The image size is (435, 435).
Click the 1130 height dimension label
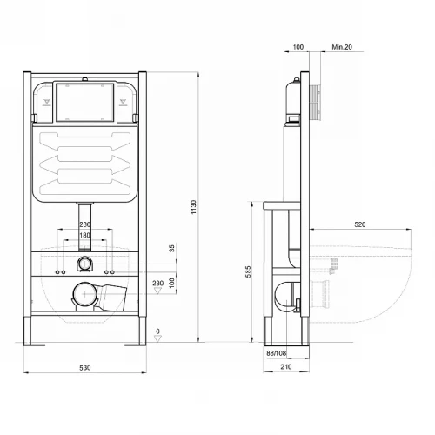pyautogui.click(x=194, y=207)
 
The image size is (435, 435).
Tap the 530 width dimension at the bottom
pyautogui.click(x=85, y=368)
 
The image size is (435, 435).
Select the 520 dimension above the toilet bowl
pyautogui.click(x=360, y=224)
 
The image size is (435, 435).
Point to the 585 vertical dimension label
pyautogui.click(x=248, y=271)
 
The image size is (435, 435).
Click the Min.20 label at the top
pyautogui.click(x=342, y=47)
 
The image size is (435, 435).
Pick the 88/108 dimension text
pyautogui.click(x=277, y=353)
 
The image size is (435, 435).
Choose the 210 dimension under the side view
pyautogui.click(x=286, y=366)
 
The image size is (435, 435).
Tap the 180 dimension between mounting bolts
pyautogui.click(x=84, y=235)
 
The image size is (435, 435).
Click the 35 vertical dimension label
pyautogui.click(x=172, y=248)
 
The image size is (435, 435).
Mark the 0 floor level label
pyautogui.click(x=157, y=331)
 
